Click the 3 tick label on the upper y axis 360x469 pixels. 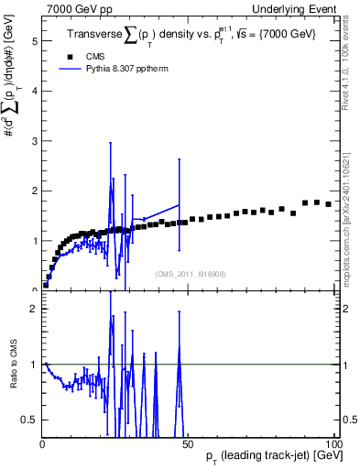[35, 141]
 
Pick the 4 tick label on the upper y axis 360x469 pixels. [35, 92]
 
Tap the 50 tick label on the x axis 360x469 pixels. [190, 444]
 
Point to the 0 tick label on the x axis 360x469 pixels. [43, 444]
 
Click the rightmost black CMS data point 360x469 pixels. [328, 204]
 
